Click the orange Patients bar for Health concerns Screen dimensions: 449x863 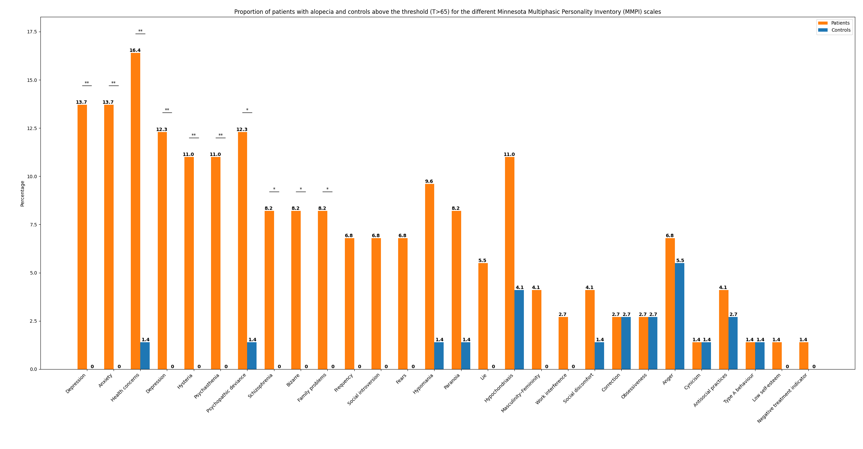tap(136, 211)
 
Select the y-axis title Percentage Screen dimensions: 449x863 tap(23, 193)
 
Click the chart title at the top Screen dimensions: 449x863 tap(447, 12)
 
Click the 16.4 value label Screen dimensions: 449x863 tap(135, 51)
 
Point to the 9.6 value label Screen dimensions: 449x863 tap(429, 182)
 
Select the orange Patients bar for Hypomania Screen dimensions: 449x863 tap(429, 277)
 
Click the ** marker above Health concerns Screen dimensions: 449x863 tap(140, 31)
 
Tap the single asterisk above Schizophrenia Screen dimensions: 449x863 tap(274, 189)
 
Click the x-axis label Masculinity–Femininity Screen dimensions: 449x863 tap(521, 393)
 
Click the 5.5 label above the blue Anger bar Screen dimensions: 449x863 tap(680, 261)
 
